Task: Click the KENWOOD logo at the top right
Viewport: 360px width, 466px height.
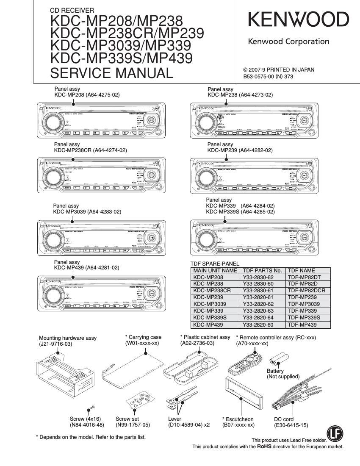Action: point(298,20)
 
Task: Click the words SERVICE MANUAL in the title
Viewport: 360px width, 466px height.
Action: point(112,73)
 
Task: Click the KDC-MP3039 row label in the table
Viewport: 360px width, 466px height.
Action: point(210,304)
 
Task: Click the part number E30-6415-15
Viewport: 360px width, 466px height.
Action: point(291,425)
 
